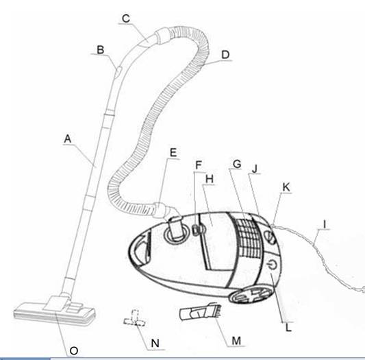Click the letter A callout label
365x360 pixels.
(x=68, y=139)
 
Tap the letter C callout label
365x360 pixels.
(x=126, y=19)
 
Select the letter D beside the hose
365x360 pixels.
(x=225, y=55)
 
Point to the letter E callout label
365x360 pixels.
(x=173, y=153)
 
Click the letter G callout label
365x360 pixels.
(x=237, y=164)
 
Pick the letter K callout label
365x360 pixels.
(x=286, y=187)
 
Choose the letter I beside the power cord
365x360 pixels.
(x=325, y=224)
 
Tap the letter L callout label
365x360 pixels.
(x=288, y=328)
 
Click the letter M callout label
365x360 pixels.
(x=236, y=341)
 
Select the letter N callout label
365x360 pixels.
(x=155, y=344)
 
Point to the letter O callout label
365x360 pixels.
(x=74, y=350)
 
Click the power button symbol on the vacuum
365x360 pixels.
(x=272, y=265)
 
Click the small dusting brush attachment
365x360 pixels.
(x=200, y=311)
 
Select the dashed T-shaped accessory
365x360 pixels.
(x=134, y=318)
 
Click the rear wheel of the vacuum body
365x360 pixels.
(x=251, y=294)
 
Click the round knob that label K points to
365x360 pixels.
(x=270, y=237)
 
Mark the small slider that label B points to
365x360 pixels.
(x=118, y=71)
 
